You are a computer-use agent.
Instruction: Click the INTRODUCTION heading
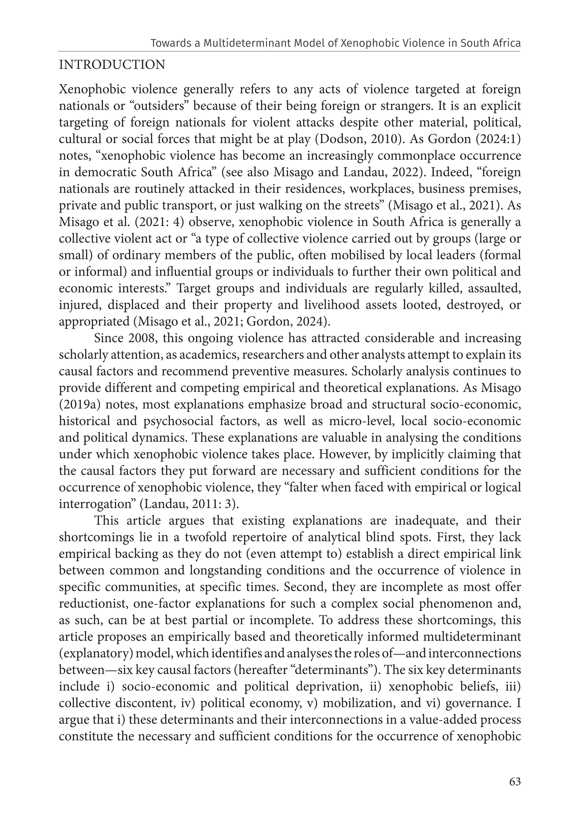click(x=112, y=65)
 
